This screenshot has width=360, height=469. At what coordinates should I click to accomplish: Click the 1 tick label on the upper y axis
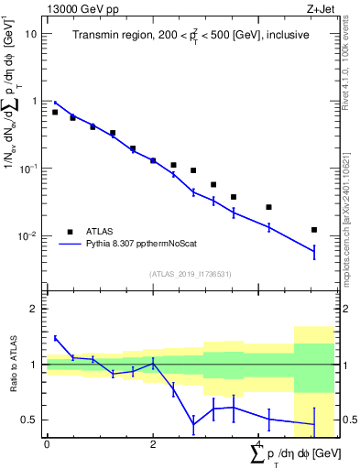(34, 101)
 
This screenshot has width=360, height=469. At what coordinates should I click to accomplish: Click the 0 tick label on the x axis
(47, 443)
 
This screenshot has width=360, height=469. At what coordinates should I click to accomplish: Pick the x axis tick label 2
(153, 443)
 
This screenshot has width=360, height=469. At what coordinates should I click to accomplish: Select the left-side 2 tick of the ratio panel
(34, 309)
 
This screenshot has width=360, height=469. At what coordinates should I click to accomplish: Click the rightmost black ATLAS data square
(314, 230)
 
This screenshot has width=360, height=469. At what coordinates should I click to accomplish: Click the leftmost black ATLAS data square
(55, 112)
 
